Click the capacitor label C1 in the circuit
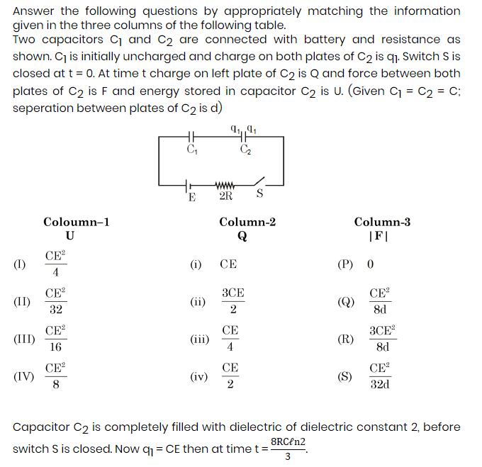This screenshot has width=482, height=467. point(191,150)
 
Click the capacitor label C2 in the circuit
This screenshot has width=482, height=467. point(245,150)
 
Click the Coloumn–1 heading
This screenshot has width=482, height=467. point(77,222)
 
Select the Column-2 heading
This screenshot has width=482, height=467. point(247,222)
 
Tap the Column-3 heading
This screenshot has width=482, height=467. point(382,222)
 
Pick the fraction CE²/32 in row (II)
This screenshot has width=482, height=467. point(55,301)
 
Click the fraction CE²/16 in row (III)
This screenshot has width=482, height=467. point(55,339)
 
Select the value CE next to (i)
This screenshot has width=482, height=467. point(228,264)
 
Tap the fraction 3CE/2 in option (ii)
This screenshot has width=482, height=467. point(233,301)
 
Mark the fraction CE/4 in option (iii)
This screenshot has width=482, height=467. point(230,339)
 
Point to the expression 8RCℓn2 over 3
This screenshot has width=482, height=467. point(288,449)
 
